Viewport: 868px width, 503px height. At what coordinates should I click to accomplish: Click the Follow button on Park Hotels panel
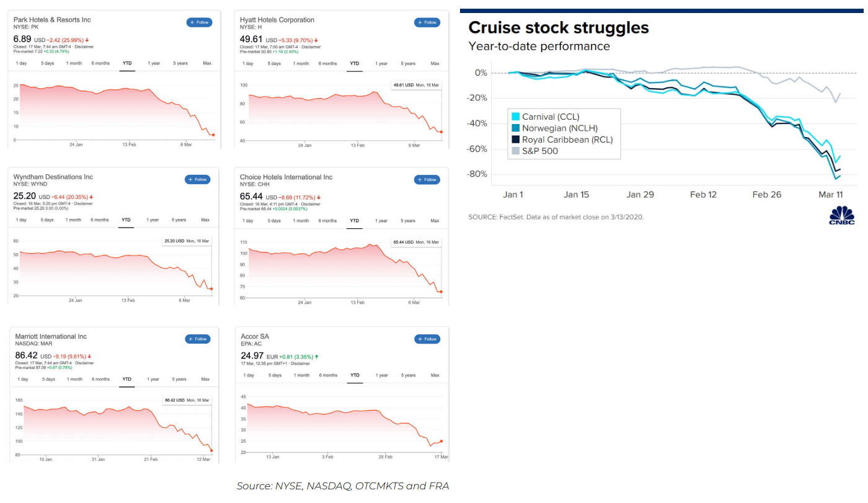tap(199, 22)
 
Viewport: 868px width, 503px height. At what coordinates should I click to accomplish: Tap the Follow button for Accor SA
tap(427, 339)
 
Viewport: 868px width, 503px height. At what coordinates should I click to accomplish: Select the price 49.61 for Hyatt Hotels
tap(251, 39)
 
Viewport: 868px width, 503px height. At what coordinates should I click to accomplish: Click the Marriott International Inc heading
tap(51, 337)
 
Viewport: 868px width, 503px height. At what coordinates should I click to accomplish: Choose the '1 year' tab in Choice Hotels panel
tap(381, 221)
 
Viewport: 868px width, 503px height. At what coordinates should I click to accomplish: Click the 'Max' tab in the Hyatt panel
tap(435, 63)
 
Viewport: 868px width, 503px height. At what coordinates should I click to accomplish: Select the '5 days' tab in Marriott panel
tap(49, 379)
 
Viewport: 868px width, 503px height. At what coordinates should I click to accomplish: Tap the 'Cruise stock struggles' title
tap(559, 28)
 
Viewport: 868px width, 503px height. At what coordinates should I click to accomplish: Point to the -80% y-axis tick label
tap(476, 174)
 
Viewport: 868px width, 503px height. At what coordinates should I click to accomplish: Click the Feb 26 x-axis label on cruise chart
tap(767, 195)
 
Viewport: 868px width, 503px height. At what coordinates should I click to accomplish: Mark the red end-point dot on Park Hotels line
tap(213, 135)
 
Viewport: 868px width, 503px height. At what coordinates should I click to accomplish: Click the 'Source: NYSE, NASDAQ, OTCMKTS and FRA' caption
tap(342, 486)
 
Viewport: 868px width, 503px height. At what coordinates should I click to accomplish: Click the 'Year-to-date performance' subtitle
tap(539, 47)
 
